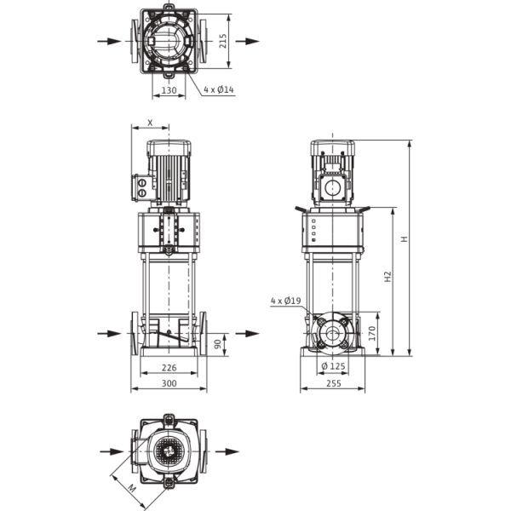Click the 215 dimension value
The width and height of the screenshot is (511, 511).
tap(223, 41)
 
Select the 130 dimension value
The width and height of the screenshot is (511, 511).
tap(169, 90)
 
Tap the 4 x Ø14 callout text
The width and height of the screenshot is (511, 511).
tap(219, 89)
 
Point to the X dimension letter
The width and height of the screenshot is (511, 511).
tap(150, 123)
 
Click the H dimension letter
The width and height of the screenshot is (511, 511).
tap(404, 239)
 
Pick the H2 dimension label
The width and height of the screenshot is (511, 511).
tap(388, 277)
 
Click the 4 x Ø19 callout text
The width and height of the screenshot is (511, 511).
tap(286, 301)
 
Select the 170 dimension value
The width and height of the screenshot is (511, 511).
tap(372, 333)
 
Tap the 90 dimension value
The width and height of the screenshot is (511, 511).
tap(218, 344)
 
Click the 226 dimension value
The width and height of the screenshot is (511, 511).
tap(169, 368)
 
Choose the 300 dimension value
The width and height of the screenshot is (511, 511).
tap(169, 383)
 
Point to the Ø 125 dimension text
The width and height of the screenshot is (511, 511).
tap(333, 366)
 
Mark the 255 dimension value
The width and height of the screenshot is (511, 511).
tap(334, 383)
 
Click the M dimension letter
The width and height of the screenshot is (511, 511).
tap(132, 488)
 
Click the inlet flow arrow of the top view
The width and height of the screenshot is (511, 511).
tap(110, 42)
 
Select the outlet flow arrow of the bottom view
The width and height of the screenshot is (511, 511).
tap(227, 451)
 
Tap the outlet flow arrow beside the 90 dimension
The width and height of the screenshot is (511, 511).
tap(247, 333)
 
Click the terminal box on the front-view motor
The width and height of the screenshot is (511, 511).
tap(142, 188)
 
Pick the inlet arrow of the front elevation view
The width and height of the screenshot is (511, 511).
tap(110, 333)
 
